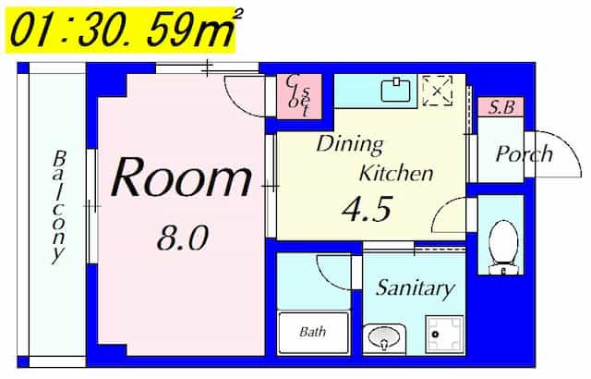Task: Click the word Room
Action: [x=181, y=177]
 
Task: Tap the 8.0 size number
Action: [x=183, y=238]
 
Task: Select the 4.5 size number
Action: [x=368, y=209]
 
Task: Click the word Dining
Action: [x=349, y=145]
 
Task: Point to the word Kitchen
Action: [x=396, y=173]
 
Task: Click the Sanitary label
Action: [x=416, y=289]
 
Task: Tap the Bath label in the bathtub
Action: [x=312, y=332]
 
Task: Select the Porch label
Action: [x=524, y=153]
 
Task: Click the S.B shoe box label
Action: [x=501, y=107]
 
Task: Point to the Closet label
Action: [x=299, y=96]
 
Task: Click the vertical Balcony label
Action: [x=59, y=207]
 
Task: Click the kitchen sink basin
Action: [x=395, y=90]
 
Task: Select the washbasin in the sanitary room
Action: [x=384, y=336]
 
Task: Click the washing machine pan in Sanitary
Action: [x=444, y=334]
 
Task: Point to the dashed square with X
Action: [x=437, y=91]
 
